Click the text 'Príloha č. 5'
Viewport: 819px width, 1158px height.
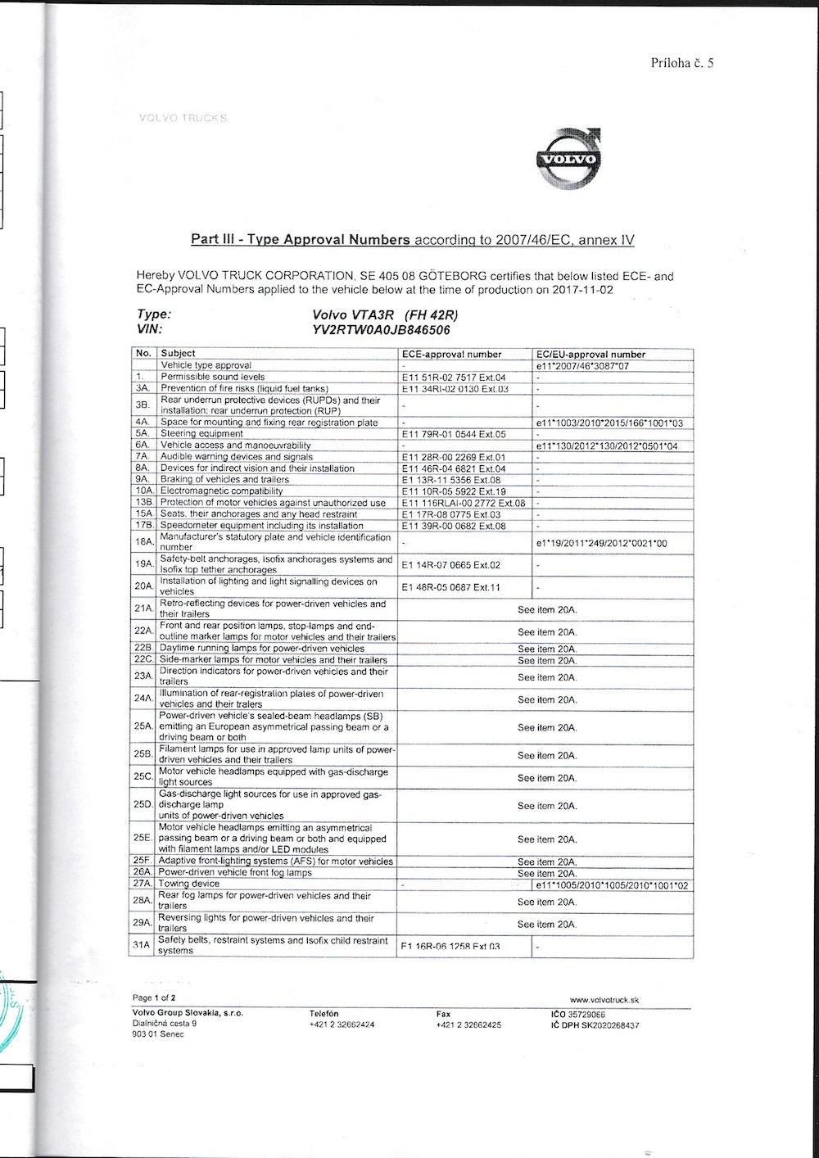[682, 63]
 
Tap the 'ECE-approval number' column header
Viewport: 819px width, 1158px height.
[451, 355]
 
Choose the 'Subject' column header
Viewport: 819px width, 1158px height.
[178, 354]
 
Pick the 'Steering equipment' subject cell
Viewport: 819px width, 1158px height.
[201, 434]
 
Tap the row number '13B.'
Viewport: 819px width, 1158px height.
[144, 503]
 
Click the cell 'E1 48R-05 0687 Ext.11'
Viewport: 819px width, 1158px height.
[450, 587]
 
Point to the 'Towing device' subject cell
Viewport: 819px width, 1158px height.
[189, 884]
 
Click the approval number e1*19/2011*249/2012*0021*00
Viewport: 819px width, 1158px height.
[601, 543]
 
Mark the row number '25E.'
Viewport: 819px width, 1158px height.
[143, 839]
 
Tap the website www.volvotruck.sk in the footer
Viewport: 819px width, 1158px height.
[604, 999]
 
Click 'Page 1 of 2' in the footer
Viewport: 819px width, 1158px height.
[154, 998]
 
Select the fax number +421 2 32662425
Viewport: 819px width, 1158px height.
[468, 1025]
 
